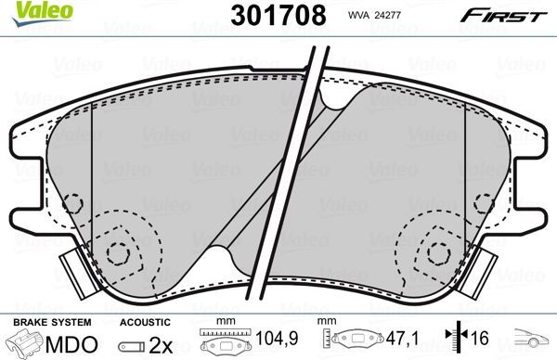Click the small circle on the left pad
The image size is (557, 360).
(117, 251)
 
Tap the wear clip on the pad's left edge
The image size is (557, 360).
(71, 274)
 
